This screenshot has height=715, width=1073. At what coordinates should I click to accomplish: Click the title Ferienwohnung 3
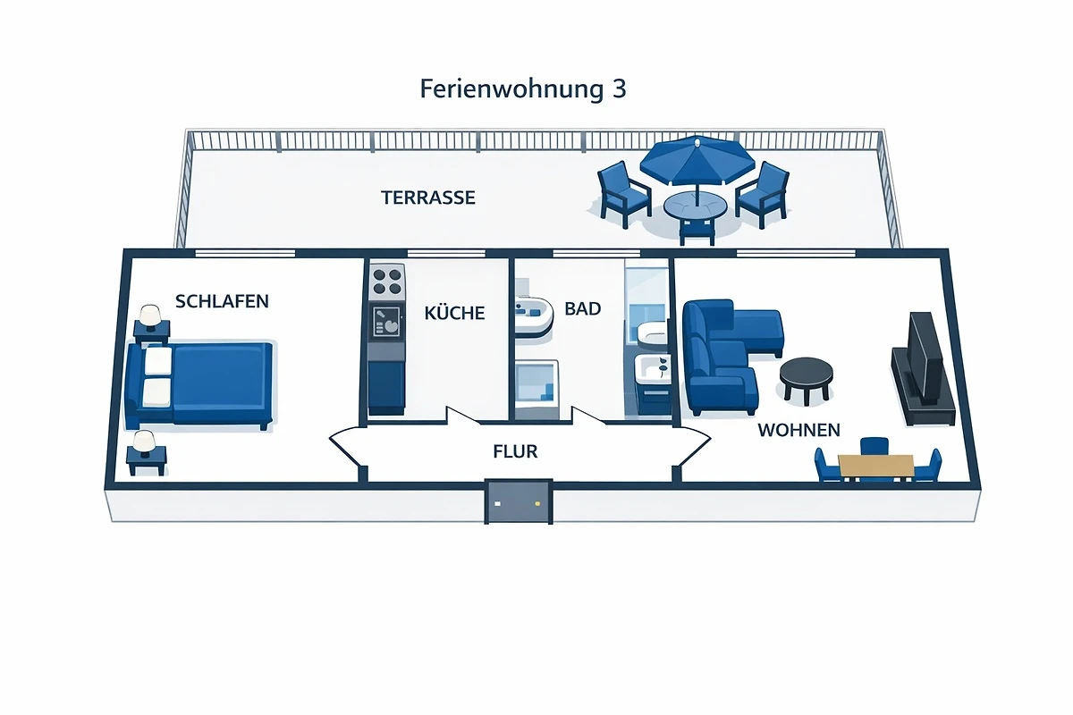[x=523, y=90]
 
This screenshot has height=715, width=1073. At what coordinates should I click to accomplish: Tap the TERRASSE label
[x=428, y=198]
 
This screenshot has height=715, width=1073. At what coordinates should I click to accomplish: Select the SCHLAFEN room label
[x=222, y=301]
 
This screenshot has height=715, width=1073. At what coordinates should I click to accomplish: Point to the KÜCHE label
[x=454, y=313]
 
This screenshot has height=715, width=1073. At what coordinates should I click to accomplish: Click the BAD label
[x=583, y=309]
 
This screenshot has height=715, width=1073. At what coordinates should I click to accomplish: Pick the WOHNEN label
[x=798, y=430]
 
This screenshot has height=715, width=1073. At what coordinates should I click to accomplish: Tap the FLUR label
[x=516, y=451]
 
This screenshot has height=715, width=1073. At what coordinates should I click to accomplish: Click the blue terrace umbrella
[x=697, y=159]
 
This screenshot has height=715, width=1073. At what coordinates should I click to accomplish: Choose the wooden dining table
[x=875, y=466]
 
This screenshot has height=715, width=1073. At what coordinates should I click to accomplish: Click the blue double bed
[x=201, y=383]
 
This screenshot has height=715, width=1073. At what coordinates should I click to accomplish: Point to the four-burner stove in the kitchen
[x=388, y=282]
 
